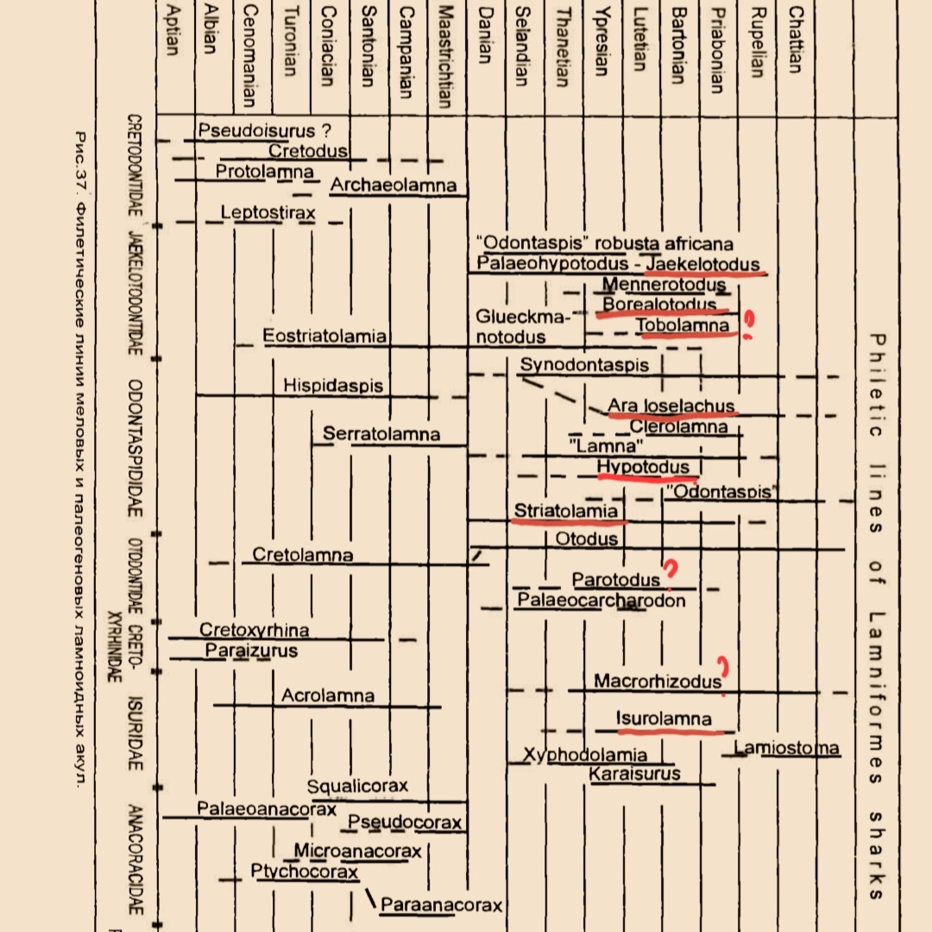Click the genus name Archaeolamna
coord(393,186)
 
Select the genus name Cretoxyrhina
coord(255,631)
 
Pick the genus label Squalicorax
coord(357,787)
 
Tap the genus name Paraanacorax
coord(441,905)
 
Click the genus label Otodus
coord(587,539)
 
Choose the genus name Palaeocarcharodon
coord(601,601)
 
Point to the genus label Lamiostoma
coord(787,747)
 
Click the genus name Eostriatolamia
coord(324,337)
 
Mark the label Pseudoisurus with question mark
coord(264,131)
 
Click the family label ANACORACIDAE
coord(135,860)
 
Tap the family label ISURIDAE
coord(135,734)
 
